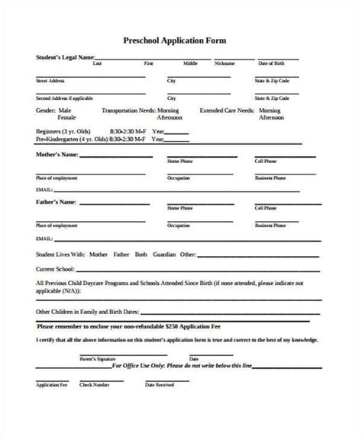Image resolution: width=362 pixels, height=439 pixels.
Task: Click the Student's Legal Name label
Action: point(65,57)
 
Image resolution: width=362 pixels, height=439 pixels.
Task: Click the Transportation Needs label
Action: point(132,111)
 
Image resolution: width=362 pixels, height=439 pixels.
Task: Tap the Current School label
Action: point(56,269)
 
